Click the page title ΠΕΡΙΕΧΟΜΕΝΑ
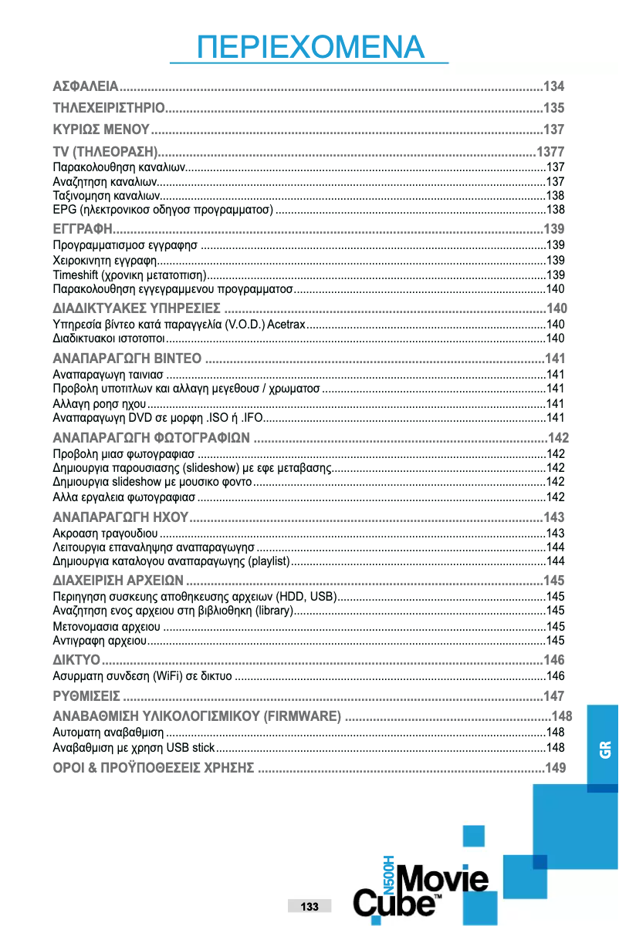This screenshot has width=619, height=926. [x=310, y=47]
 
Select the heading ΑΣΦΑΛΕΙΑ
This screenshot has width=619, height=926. [x=85, y=86]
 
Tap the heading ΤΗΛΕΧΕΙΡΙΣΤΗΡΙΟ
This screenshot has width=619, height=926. [x=107, y=107]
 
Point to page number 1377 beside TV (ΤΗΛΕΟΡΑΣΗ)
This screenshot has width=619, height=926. [x=550, y=150]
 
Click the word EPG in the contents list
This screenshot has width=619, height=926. [x=63, y=209]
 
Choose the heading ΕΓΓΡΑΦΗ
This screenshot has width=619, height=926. [x=83, y=229]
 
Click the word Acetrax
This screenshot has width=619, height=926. [x=286, y=324]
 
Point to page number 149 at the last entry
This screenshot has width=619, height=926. [x=555, y=767]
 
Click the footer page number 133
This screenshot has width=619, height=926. [x=309, y=906]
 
